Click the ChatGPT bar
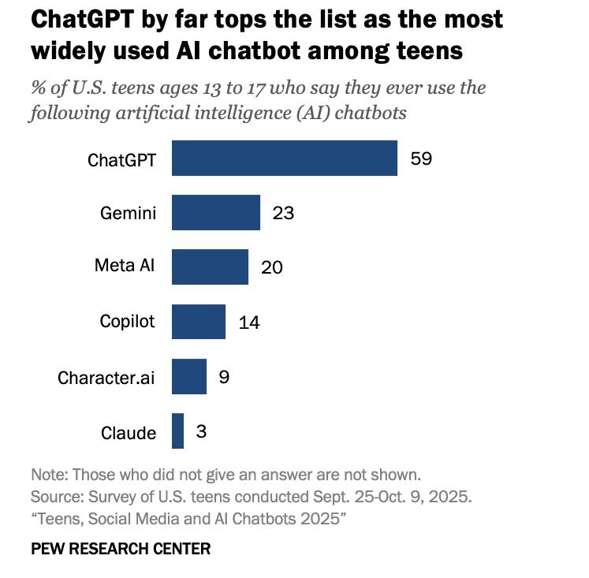click(284, 158)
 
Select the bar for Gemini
click(215, 213)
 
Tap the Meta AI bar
click(210, 267)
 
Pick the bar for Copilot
click(198, 322)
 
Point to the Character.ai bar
click(188, 377)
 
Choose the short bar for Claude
click(177, 431)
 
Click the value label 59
click(422, 158)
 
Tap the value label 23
click(283, 214)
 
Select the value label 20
click(271, 268)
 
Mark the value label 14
click(249, 323)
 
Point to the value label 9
click(224, 378)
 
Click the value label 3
click(201, 432)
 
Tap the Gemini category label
click(128, 213)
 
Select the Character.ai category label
click(106, 378)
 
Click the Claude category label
click(129, 433)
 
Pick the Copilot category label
click(127, 322)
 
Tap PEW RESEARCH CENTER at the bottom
click(121, 549)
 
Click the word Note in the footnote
click(47, 475)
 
